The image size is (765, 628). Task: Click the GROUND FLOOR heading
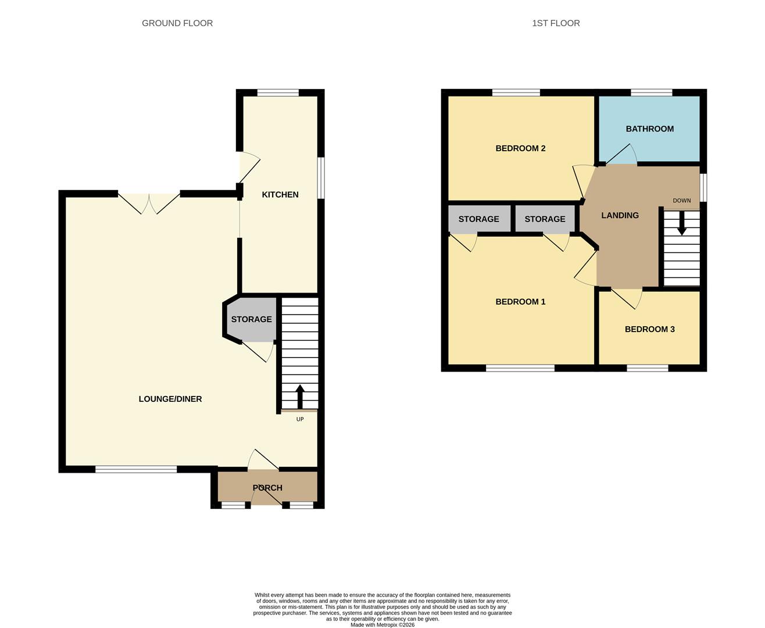pos(177,23)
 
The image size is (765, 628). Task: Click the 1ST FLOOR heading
pos(556,23)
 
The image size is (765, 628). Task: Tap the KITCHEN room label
pos(280,195)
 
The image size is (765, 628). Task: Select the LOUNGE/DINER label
pos(170,399)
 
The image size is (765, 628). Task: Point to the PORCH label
pos(267,488)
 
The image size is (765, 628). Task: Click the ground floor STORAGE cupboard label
pos(251,319)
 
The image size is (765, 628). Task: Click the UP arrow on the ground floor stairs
pos(300,397)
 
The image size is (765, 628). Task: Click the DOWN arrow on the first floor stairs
pos(682,223)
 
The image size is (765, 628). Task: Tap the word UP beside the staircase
pos(300,419)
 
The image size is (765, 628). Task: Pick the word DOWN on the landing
pos(682,201)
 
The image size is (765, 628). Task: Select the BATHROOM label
pos(649,129)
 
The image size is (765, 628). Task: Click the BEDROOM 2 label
pos(520,148)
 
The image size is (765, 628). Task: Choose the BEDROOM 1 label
pos(520,302)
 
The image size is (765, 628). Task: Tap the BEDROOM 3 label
pos(649,329)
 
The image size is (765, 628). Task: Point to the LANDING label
pos(620,216)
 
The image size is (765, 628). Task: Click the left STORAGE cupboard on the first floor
pos(478,219)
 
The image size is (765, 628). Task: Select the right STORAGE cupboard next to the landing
pos(545,219)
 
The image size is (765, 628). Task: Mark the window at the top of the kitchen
pos(278,92)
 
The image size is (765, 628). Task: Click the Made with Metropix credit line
pos(382,625)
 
